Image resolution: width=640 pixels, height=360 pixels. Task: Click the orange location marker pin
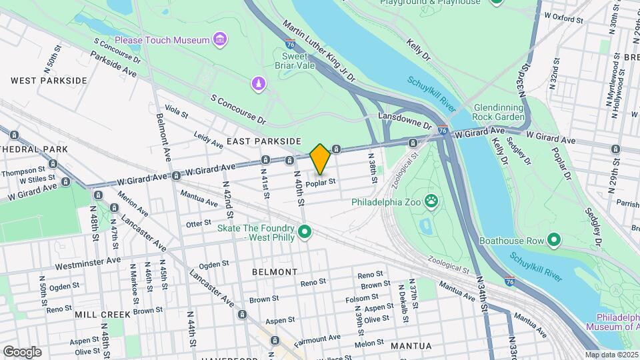coord(320,159)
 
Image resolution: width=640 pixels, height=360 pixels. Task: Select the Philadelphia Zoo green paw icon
coord(432,200)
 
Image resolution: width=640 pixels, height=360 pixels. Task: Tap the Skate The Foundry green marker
coord(305,232)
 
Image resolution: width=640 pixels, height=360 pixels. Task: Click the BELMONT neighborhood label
coord(275,272)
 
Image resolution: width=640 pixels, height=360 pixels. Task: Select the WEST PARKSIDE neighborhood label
coord(49,81)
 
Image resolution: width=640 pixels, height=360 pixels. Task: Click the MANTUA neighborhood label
coord(412,346)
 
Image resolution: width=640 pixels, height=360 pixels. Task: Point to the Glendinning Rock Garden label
coord(499,113)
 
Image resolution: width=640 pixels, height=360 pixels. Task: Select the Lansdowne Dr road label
coord(405,119)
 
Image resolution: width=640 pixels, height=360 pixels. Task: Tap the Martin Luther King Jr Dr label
coord(319,51)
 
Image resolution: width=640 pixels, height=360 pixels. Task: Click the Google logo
coord(22,352)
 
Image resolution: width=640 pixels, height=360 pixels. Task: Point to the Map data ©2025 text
coord(611,355)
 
